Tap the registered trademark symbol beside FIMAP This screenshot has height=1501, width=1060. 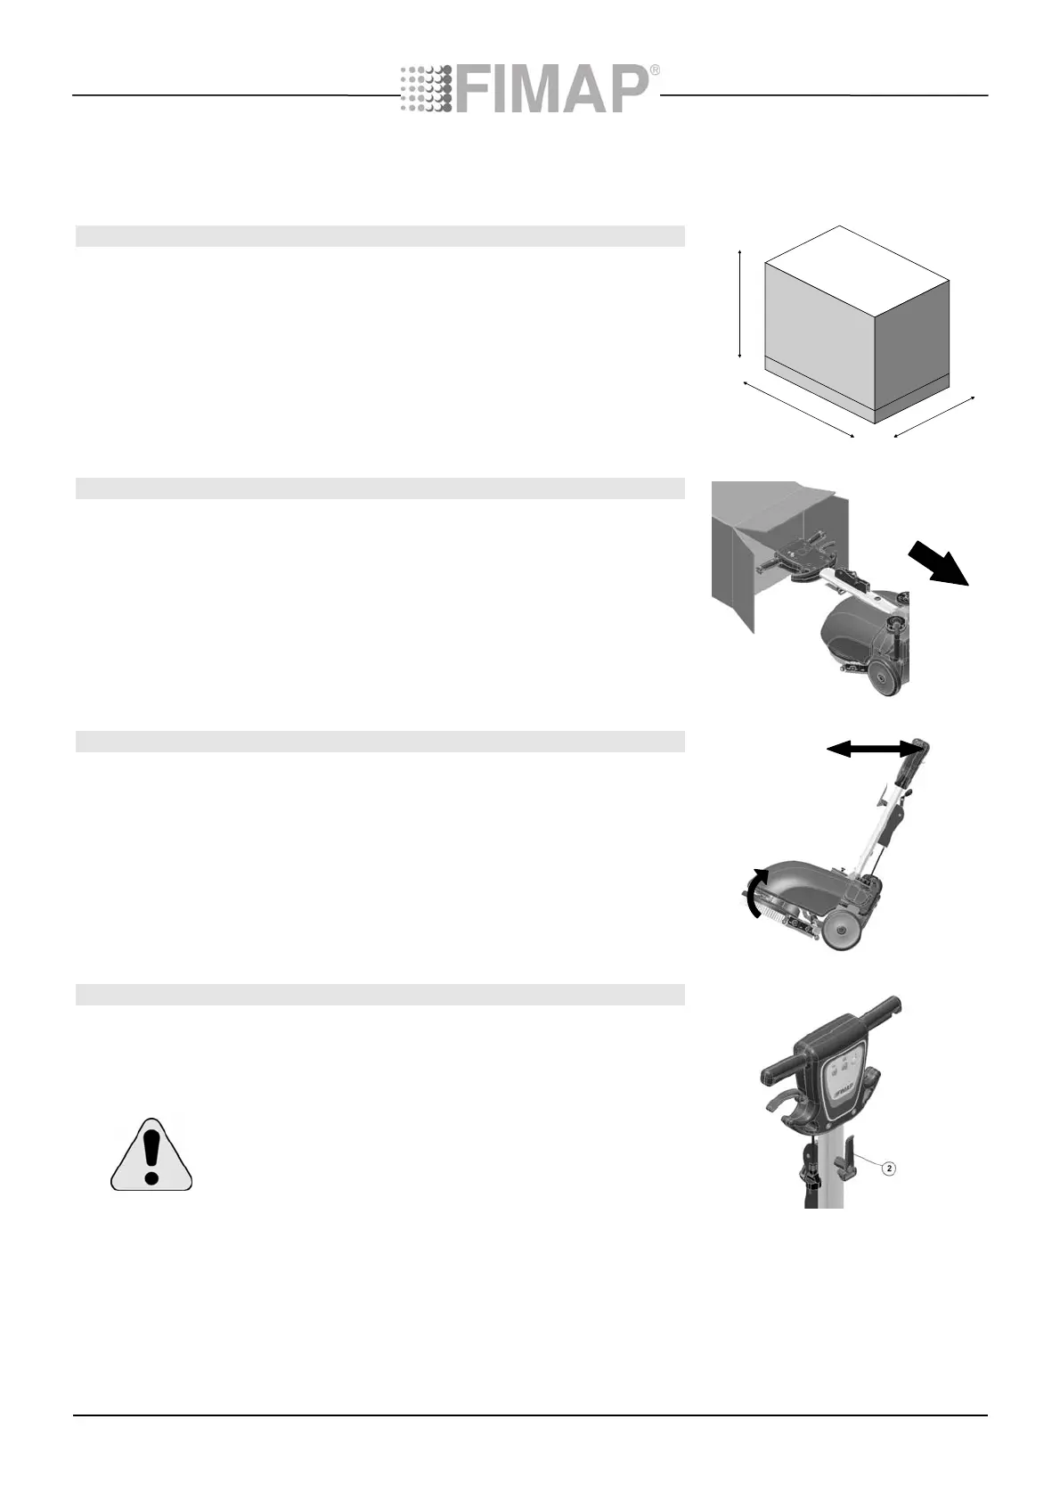(656, 70)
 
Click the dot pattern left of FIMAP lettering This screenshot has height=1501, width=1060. (426, 89)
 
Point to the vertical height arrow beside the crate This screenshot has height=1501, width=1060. (740, 305)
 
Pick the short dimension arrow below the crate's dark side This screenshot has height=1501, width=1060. (934, 417)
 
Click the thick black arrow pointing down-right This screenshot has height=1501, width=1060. (939, 567)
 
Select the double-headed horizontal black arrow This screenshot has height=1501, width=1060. (871, 751)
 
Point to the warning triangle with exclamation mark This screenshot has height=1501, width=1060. (151, 1155)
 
